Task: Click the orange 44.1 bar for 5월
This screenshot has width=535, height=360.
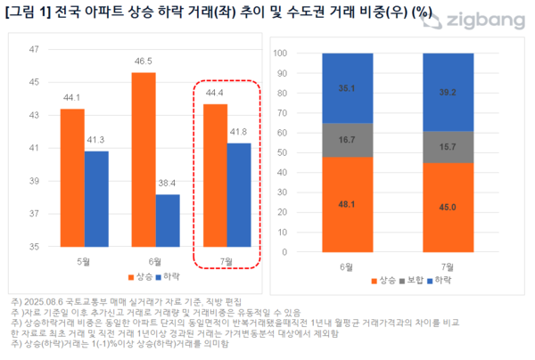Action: pos(72,177)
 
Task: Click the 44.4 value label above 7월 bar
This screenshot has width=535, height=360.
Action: pos(215,94)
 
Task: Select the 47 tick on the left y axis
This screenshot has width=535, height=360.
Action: pos(35,50)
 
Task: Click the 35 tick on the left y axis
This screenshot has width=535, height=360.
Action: pos(35,247)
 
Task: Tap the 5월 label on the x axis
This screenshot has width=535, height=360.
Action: pos(85,261)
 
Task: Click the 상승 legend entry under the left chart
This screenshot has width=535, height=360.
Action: pos(135,278)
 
